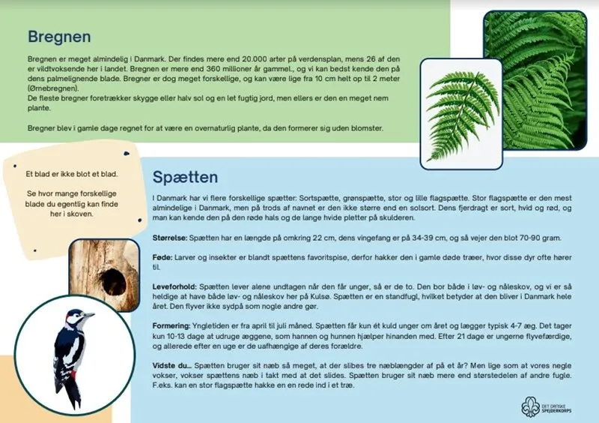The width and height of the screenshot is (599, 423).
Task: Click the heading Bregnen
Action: tap(59, 36)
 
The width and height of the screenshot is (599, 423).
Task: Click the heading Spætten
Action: tap(185, 178)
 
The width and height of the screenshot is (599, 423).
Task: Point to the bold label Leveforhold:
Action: tap(174, 286)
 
